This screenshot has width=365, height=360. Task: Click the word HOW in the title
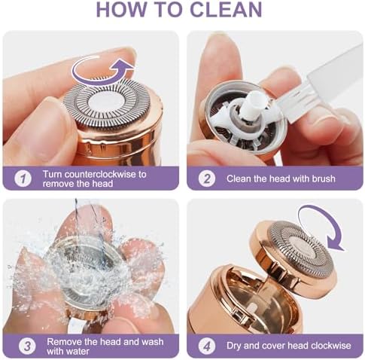point(121,10)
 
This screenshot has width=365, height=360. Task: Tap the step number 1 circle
point(23,178)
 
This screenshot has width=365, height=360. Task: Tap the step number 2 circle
point(207,178)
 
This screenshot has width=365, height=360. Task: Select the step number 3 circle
point(27,346)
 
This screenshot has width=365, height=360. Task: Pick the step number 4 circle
point(207,346)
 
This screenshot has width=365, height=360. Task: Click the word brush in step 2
point(324,178)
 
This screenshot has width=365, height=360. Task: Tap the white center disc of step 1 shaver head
point(106,103)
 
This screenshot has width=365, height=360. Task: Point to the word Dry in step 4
point(234,346)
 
